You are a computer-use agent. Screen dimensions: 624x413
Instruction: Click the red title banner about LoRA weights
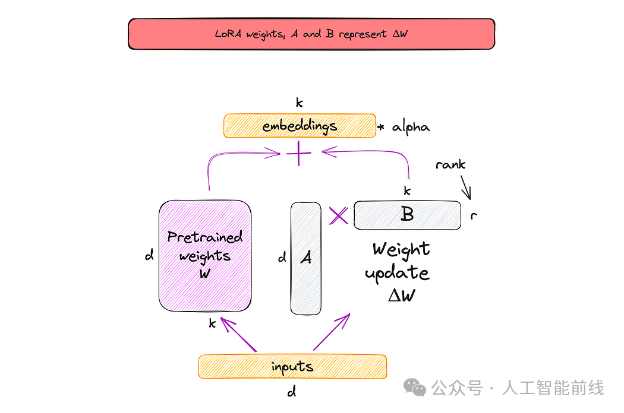(311, 34)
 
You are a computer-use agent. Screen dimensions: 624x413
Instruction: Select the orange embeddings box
(300, 126)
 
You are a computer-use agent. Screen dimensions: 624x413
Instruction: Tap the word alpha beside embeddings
(411, 128)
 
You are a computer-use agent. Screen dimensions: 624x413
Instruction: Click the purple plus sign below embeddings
(298, 153)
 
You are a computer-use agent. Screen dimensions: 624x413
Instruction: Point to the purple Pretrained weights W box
(205, 256)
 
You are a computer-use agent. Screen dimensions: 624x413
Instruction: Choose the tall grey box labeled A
(305, 258)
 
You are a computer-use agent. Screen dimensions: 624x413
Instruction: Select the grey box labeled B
(407, 215)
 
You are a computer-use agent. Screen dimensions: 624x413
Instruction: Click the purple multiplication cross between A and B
(339, 216)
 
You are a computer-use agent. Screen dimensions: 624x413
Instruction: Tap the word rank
(450, 164)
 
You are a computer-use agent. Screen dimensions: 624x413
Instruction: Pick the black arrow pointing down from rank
(466, 188)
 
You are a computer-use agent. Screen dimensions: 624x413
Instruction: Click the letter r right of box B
(474, 215)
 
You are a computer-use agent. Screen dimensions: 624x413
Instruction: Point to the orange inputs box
(292, 366)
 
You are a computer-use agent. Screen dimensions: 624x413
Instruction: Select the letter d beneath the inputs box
(292, 392)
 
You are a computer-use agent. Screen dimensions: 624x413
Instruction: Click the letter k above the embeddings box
(300, 103)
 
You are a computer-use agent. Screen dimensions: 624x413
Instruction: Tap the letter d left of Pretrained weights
(149, 255)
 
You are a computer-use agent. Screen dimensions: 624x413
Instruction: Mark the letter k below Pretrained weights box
(213, 323)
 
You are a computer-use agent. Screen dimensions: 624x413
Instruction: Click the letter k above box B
(406, 191)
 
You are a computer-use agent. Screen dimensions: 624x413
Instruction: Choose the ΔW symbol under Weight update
(402, 296)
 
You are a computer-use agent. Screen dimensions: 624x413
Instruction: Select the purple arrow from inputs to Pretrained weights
(239, 335)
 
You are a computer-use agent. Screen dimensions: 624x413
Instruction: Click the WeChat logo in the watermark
(415, 387)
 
